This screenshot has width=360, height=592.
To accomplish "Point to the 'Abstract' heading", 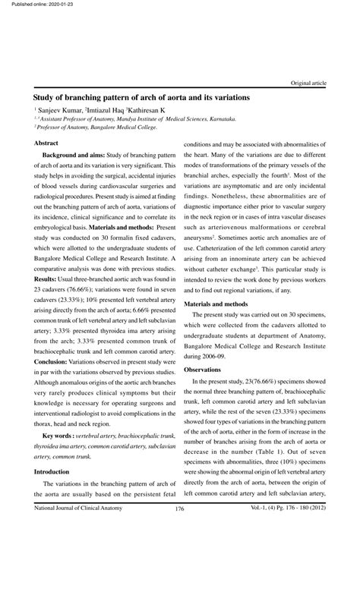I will (x=47, y=143).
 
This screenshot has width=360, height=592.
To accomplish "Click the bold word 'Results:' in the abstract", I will (x=46, y=279).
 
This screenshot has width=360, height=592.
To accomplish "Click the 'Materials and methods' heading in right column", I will (x=219, y=304).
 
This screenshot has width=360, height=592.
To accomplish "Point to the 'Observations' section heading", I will (x=203, y=369).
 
